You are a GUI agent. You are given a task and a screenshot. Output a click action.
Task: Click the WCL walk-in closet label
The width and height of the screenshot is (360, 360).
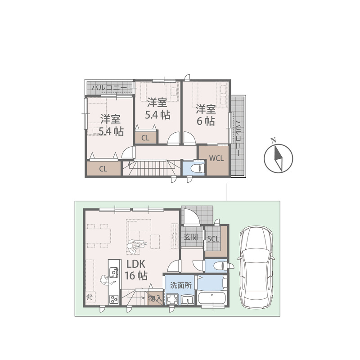point(216,158)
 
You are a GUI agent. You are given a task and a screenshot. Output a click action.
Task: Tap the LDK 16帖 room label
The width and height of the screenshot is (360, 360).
point(136,270)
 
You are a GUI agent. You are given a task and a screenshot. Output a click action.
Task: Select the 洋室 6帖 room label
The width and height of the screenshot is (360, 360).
point(206,115)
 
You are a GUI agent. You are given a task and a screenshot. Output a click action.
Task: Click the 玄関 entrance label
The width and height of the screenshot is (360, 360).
point(191,237)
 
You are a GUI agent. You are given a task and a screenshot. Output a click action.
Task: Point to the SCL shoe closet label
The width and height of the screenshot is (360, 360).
point(213,239)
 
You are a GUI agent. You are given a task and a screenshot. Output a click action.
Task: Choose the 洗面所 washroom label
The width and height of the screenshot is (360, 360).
point(181,285)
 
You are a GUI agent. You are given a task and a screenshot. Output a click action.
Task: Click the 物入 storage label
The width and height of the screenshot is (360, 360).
point(155,299)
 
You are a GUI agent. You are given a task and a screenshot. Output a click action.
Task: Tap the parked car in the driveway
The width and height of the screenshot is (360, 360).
point(256,267)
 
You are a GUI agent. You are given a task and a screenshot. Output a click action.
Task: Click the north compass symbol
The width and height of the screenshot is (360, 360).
point(278,157)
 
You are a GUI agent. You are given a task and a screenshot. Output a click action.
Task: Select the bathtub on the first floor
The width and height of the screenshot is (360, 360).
point(212,298)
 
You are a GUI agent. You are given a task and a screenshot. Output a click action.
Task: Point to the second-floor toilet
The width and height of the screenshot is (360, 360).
point(198,168)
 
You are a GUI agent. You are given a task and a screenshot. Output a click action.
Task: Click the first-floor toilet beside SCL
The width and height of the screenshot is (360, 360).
point(222,266)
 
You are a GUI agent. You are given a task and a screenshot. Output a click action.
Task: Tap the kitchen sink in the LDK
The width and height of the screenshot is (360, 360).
point(114,273)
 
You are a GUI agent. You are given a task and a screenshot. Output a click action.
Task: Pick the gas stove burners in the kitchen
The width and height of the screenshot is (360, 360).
point(114,299)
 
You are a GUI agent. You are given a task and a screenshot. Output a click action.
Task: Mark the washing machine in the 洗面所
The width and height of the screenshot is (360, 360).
point(172,300)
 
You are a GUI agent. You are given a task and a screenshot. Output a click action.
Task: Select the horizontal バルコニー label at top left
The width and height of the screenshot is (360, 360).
point(109,88)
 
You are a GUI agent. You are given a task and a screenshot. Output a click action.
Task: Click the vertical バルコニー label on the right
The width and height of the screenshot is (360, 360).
point(238,139)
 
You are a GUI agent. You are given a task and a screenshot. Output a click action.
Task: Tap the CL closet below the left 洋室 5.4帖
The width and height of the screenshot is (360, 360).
point(103,169)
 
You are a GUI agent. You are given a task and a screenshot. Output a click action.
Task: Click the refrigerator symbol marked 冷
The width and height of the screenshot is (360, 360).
point(90,297)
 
